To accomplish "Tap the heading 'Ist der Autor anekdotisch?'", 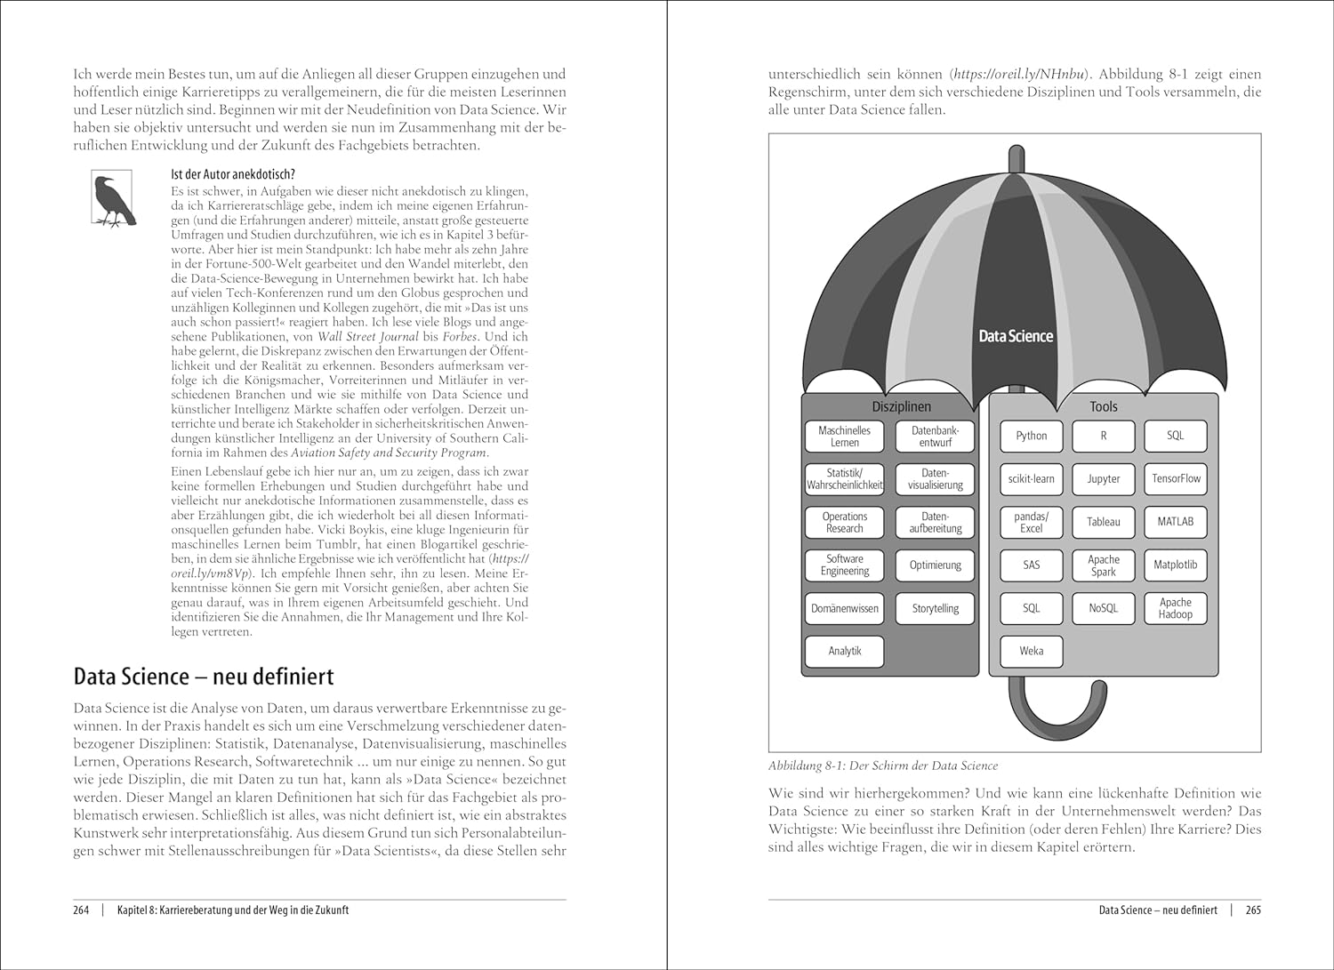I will coord(232,174).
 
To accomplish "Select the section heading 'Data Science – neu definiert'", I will coord(204,677).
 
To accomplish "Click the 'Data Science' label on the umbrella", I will coord(1016,336).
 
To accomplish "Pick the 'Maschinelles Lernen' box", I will coord(845,436).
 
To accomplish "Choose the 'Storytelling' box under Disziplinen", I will coord(935,608).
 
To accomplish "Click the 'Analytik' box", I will coord(845,651).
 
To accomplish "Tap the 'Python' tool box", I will coord(1031,436).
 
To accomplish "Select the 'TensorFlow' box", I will coord(1176,478).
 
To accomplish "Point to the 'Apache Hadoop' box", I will coord(1176,608).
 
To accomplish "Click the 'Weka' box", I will coord(1031,651).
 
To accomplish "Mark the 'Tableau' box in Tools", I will coord(1104,522).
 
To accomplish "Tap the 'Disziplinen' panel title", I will coord(901,406).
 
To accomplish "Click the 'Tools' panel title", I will coord(1104,406).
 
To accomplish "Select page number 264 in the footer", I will coord(81,910).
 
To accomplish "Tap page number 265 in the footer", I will coord(1253,910).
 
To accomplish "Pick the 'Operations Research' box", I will coord(845,522).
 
